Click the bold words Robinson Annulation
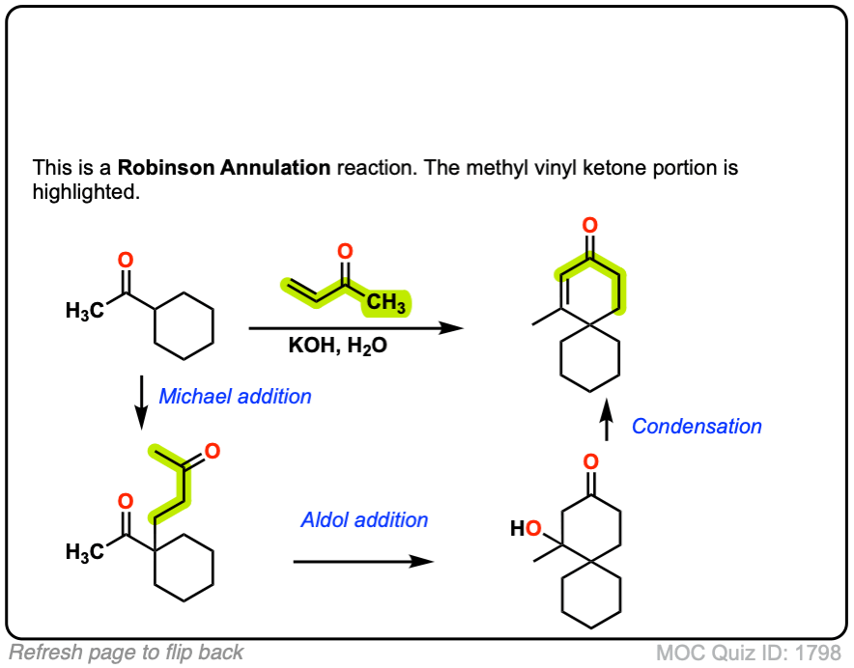(224, 167)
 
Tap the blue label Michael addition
(235, 396)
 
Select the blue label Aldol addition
(364, 519)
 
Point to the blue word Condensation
(697, 426)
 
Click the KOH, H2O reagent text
(337, 346)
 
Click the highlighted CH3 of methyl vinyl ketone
(385, 304)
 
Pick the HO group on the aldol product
(526, 528)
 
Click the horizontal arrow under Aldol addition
(363, 561)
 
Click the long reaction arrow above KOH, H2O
(356, 328)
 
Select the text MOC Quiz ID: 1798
(748, 653)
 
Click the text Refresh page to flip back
(126, 653)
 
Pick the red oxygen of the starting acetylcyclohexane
(125, 259)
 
